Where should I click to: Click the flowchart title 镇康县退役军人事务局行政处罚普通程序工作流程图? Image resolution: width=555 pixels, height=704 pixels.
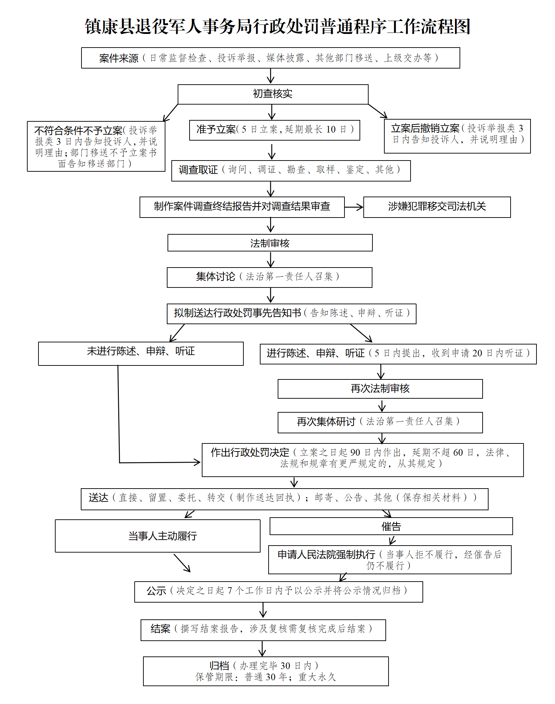pyautogui.click(x=277, y=27)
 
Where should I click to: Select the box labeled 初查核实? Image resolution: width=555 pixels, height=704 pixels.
pyautogui.click(x=273, y=94)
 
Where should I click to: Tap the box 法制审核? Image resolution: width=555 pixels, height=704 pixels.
pyautogui.click(x=270, y=243)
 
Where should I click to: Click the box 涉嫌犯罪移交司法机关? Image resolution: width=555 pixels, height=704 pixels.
pyautogui.click(x=437, y=207)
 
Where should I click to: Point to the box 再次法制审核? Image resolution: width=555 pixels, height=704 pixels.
pyautogui.click(x=380, y=389)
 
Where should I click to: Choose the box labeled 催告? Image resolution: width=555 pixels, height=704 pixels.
pyautogui.click(x=391, y=526)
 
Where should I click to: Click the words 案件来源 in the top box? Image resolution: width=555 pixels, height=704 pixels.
pyautogui.click(x=119, y=58)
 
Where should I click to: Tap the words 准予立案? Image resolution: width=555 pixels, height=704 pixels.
pyautogui.click(x=216, y=129)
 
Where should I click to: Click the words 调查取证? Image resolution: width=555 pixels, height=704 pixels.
pyautogui.click(x=198, y=170)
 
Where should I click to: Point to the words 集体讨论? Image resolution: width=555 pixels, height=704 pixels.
pyautogui.click(x=215, y=277)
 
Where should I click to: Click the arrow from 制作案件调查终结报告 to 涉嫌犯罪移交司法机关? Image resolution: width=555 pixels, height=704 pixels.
pyautogui.click(x=354, y=207)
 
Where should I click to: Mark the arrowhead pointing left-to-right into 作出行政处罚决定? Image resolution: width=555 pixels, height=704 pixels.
pyautogui.click(x=197, y=462)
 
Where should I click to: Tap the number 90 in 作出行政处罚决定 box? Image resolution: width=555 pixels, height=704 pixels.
pyautogui.click(x=355, y=453)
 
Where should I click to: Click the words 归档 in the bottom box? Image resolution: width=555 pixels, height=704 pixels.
pyautogui.click(x=219, y=666)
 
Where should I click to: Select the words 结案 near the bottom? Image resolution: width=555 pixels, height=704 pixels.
pyautogui.click(x=160, y=629)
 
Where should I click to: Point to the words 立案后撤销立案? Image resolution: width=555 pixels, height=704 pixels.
pyautogui.click(x=425, y=128)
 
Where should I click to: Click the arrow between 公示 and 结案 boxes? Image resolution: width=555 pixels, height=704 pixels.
pyautogui.click(x=263, y=611)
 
